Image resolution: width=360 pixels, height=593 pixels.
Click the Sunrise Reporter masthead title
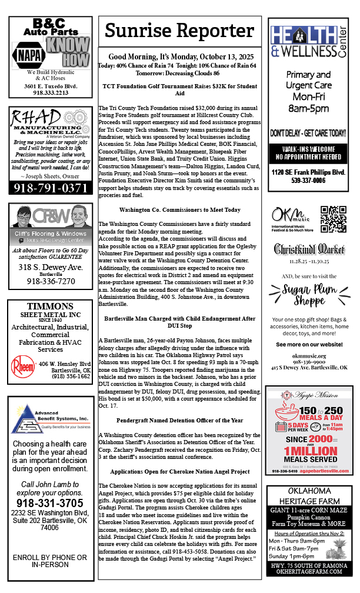point(180,31)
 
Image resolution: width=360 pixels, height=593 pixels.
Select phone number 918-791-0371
point(50,188)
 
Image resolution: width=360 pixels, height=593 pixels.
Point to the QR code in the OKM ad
point(334,219)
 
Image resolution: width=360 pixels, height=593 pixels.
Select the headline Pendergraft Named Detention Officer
point(180,420)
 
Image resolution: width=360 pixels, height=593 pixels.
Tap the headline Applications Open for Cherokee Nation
point(180,472)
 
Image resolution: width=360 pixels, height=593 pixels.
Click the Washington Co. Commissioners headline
point(180,209)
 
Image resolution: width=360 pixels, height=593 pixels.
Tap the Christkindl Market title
point(309,249)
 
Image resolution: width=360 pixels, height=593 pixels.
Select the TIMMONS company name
point(50,307)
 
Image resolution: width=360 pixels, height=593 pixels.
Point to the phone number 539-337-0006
point(309,181)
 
